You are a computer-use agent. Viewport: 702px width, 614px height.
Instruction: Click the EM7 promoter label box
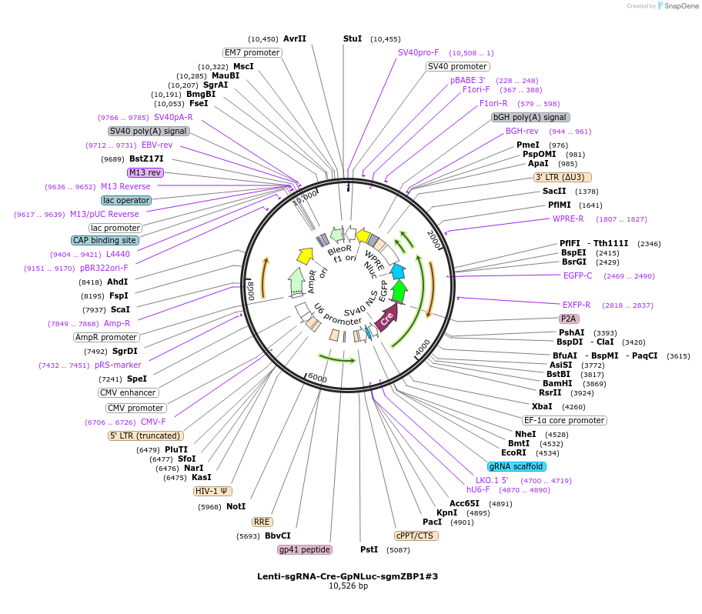[x=252, y=52]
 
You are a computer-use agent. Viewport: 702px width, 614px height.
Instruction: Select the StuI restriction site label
[x=352, y=38]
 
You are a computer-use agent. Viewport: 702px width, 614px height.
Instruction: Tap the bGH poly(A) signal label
[x=530, y=117]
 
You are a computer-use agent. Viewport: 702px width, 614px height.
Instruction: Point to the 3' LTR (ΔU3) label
[x=563, y=177]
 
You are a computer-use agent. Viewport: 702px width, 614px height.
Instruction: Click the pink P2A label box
[x=569, y=318]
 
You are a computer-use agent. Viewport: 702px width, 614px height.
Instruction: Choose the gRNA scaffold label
[x=516, y=466]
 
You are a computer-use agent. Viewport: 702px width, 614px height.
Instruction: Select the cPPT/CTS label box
[x=416, y=536]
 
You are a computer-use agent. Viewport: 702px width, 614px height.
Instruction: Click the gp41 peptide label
[x=305, y=549]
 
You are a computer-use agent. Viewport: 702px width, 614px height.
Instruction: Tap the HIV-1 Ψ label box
[x=212, y=491]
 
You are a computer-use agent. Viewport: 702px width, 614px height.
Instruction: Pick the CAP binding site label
[x=105, y=240]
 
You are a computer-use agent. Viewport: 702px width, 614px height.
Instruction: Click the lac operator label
[x=126, y=200]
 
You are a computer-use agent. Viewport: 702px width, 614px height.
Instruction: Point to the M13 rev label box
[x=145, y=172]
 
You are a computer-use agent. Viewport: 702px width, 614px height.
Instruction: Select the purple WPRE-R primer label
[x=568, y=219]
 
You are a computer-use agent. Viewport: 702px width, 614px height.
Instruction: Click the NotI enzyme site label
[x=236, y=506]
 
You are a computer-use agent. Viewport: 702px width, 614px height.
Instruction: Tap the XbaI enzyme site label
[x=542, y=406]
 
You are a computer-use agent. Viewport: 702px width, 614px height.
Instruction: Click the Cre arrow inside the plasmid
[x=388, y=316]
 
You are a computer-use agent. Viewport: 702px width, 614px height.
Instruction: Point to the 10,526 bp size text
[x=348, y=586]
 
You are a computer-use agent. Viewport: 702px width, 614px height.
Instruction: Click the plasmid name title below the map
[x=348, y=576]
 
